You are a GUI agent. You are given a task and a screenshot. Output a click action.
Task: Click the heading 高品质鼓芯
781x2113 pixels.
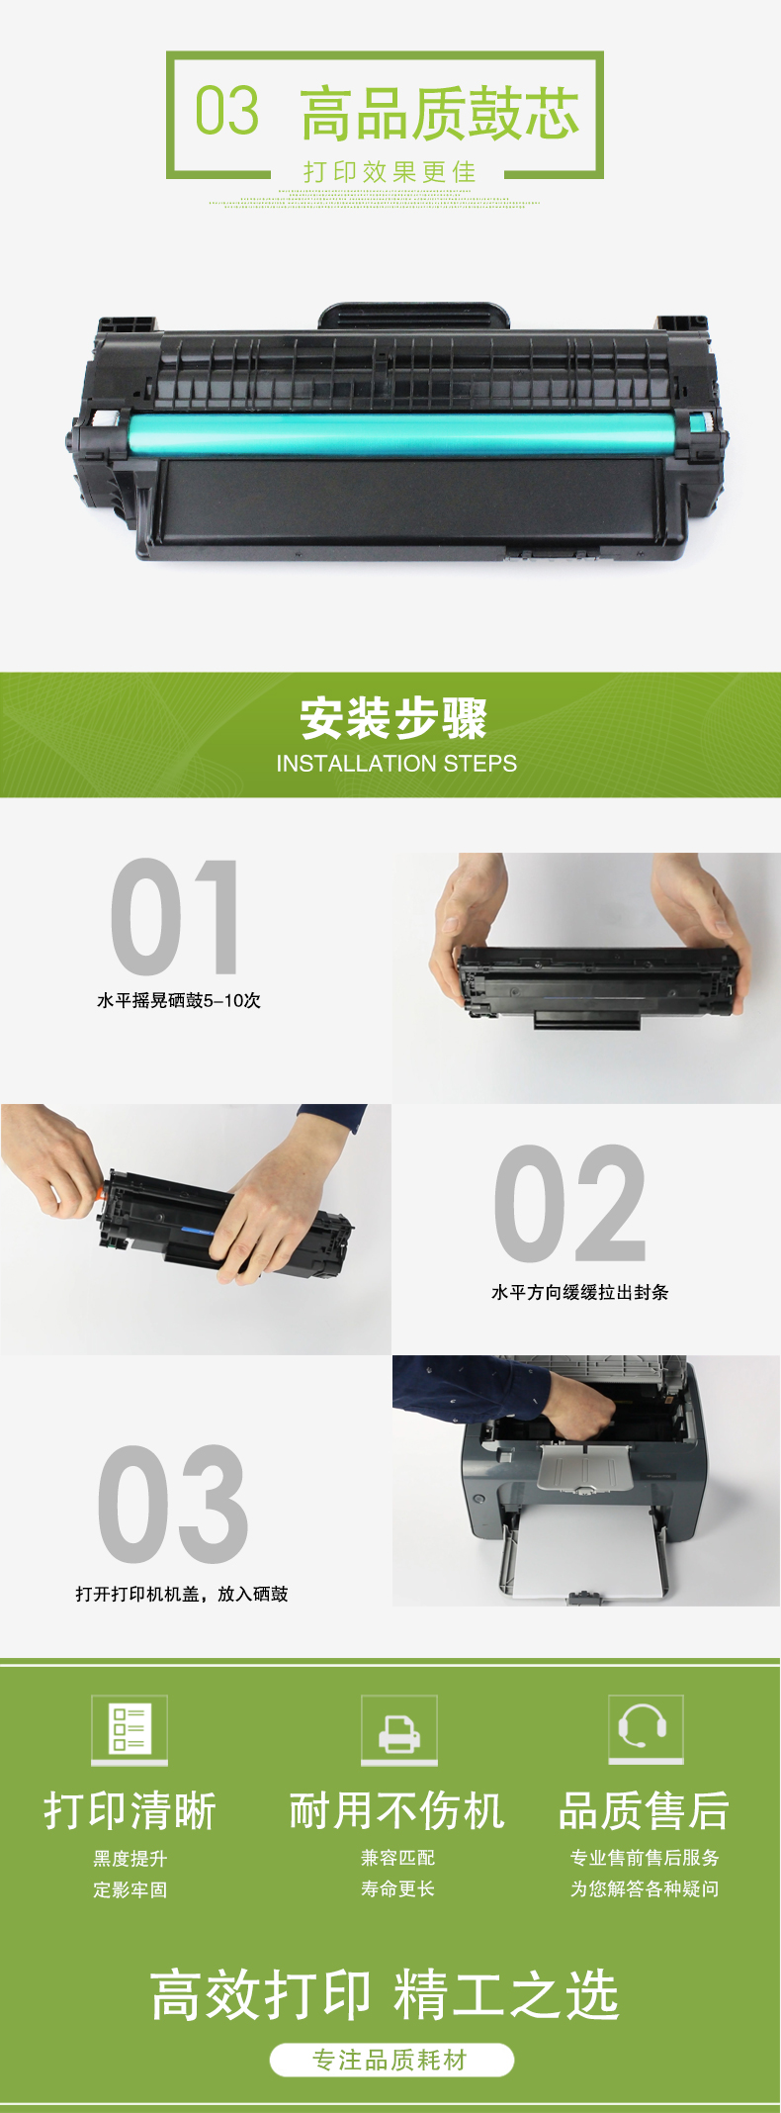click(x=440, y=114)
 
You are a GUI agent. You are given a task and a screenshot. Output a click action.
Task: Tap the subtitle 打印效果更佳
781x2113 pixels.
click(x=390, y=172)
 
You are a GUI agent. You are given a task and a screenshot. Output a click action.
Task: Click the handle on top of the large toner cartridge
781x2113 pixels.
click(x=414, y=316)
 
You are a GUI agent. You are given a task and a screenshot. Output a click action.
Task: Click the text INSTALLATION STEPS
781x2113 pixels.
click(x=396, y=764)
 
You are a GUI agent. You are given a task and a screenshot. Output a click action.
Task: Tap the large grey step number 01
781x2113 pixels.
click(x=175, y=917)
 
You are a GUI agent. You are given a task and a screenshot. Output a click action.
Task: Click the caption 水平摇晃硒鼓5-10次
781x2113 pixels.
click(x=179, y=1001)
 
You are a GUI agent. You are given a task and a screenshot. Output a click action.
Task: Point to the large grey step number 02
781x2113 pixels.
click(x=570, y=1203)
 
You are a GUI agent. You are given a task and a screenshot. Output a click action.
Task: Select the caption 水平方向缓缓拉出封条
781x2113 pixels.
click(x=580, y=1292)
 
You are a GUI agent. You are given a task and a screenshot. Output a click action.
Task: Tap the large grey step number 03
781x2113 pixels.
click(x=173, y=1504)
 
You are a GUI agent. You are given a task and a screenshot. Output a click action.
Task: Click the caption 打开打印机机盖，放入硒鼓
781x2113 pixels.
click(x=182, y=1594)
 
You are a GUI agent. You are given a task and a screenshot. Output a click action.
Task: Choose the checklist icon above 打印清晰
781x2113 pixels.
click(x=130, y=1729)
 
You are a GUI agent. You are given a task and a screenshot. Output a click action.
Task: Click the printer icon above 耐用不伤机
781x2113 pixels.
click(x=399, y=1729)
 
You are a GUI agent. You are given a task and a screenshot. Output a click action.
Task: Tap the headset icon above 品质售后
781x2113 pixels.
click(x=646, y=1729)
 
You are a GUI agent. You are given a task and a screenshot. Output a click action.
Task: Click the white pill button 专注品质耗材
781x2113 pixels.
click(x=391, y=2061)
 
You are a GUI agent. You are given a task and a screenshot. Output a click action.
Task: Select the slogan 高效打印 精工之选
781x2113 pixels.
click(x=385, y=1994)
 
